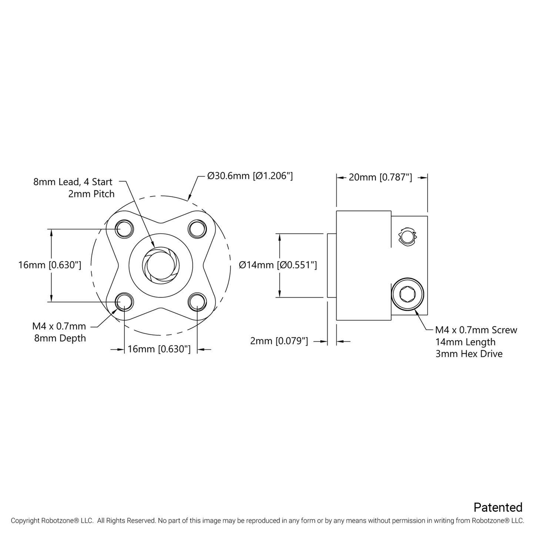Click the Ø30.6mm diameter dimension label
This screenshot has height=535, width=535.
(250, 176)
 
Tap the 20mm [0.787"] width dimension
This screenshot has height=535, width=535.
(380, 177)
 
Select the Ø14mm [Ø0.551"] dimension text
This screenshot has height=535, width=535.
(278, 265)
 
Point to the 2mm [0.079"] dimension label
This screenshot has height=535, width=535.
(279, 341)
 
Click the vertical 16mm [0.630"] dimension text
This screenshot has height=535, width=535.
(50, 265)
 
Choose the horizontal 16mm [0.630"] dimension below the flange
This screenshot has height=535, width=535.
(159, 349)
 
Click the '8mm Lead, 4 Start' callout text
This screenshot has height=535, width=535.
(73, 182)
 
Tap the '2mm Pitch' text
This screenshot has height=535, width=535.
(91, 194)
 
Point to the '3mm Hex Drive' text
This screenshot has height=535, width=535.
(469, 354)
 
